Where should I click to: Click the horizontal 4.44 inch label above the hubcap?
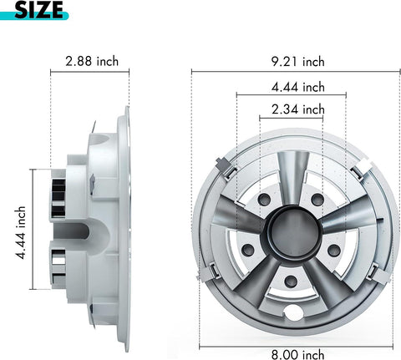coord(298,86)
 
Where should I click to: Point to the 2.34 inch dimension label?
coord(298,109)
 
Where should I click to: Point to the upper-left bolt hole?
coord(264,200)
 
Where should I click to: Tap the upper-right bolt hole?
coord(317,200)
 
